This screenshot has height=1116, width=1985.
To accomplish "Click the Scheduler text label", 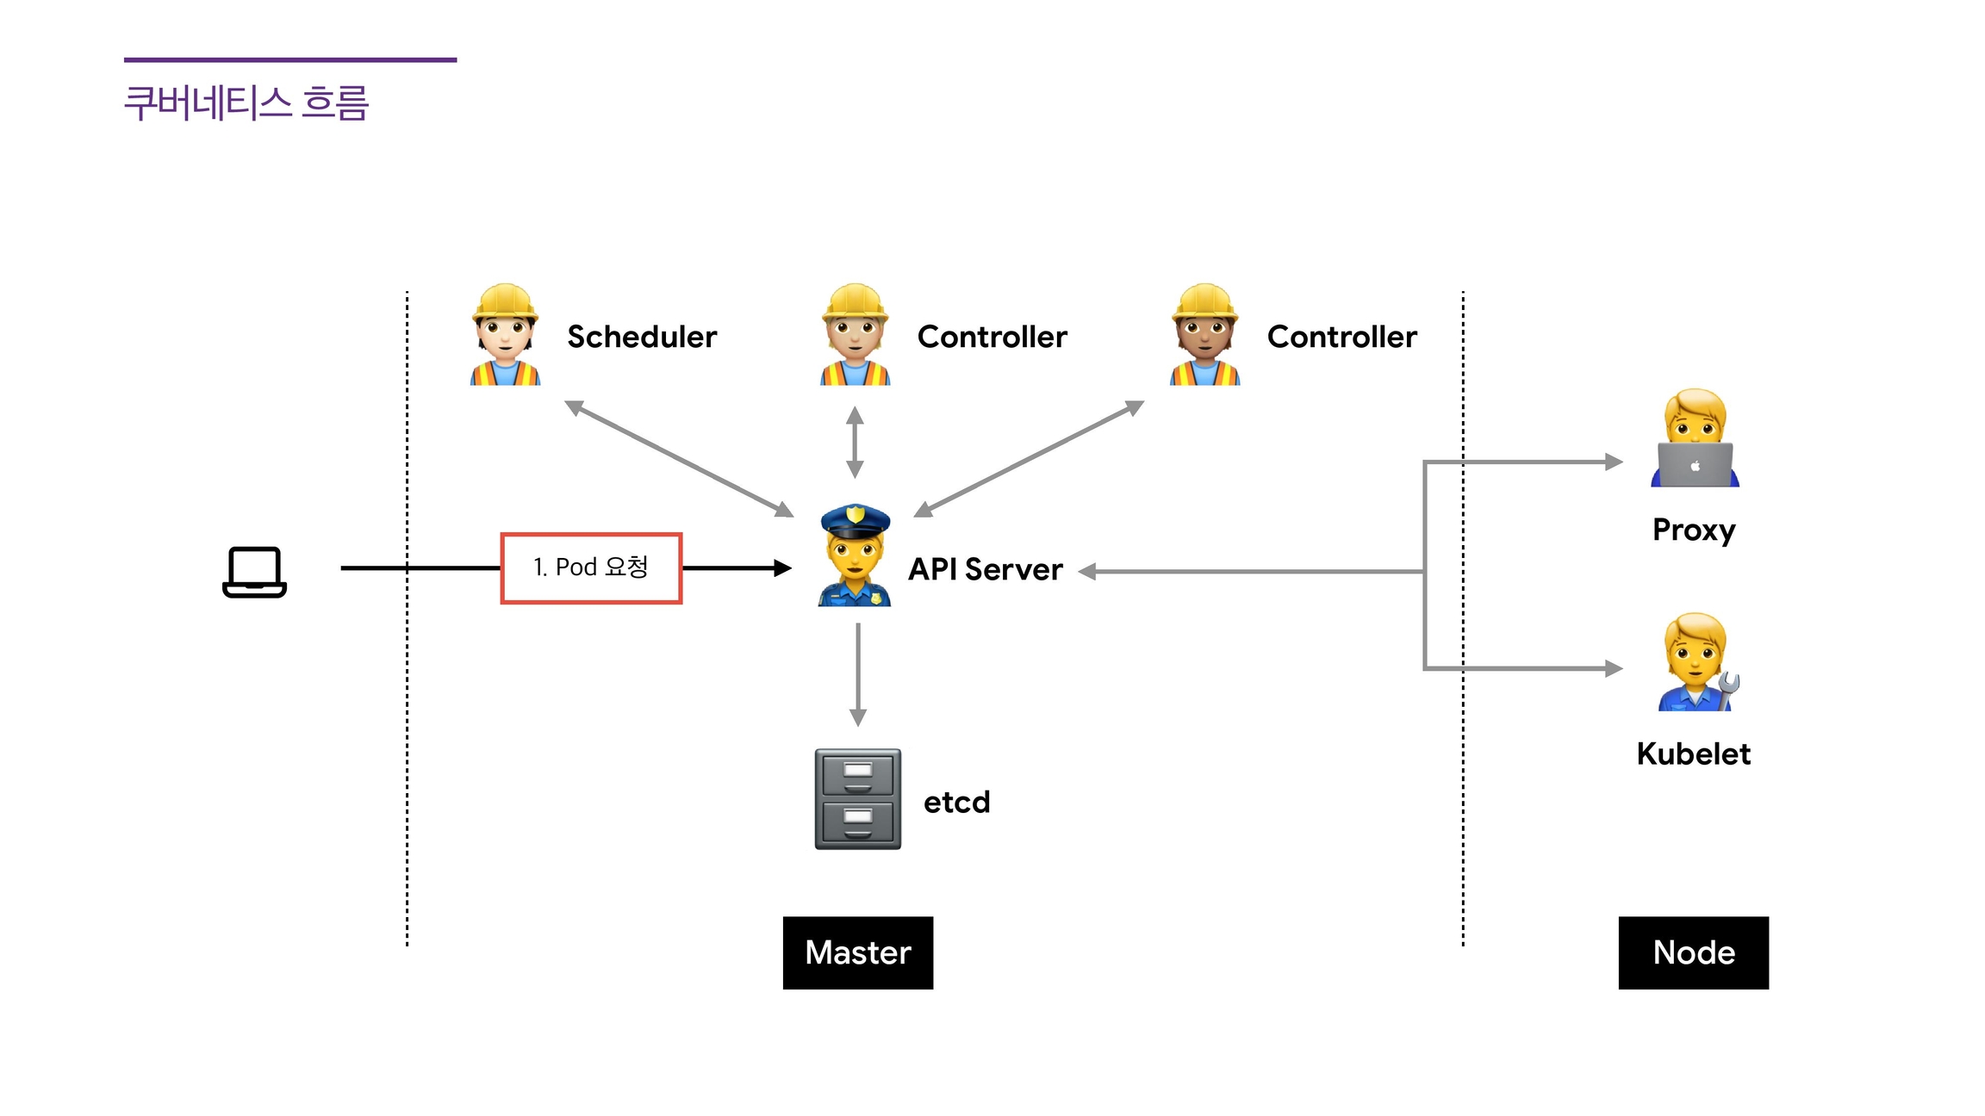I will [x=642, y=337].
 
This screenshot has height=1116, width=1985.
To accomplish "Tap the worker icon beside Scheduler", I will [x=505, y=335].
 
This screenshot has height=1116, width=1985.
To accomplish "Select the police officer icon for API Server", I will [x=855, y=555].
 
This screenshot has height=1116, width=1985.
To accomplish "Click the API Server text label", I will [x=986, y=569].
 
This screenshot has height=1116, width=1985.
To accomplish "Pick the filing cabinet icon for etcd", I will [x=858, y=799].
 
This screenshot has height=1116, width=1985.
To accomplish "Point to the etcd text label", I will [x=956, y=802].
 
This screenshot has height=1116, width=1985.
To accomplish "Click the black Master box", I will [x=858, y=952].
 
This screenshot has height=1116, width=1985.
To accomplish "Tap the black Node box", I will [x=1693, y=952].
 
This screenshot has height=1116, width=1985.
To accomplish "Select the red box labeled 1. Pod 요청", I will [x=591, y=568].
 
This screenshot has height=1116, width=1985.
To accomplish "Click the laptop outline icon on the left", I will [x=254, y=572].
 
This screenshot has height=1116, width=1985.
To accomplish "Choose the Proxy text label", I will [x=1693, y=530].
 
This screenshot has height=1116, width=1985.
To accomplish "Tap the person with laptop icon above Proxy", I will [x=1695, y=438].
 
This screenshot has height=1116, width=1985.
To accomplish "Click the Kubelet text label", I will [x=1693, y=753].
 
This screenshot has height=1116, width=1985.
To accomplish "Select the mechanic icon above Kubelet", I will [x=1695, y=662].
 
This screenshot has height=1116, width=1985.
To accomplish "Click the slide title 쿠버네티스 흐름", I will [x=246, y=103].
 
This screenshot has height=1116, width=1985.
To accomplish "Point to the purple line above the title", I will [x=290, y=60].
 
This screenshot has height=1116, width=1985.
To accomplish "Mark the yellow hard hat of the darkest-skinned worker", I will [x=1205, y=301].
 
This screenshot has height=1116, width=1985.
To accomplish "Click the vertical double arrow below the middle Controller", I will [x=855, y=443].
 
